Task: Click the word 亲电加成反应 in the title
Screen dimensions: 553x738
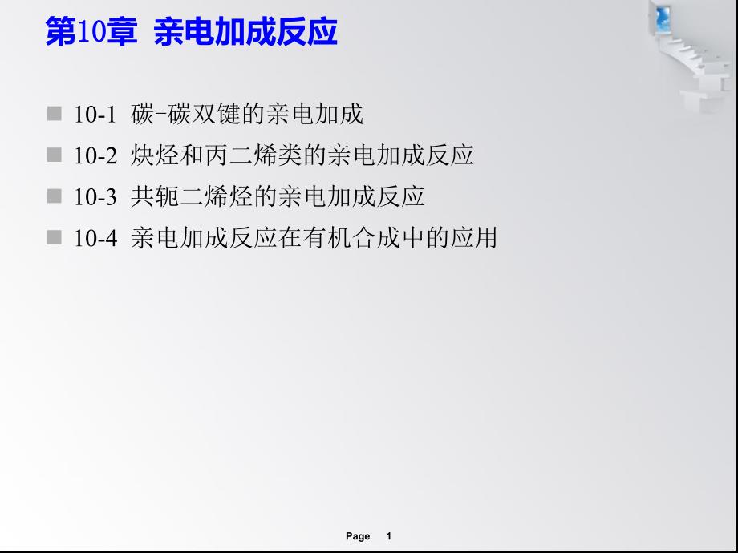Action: point(245,33)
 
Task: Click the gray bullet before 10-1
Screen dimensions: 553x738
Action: point(54,114)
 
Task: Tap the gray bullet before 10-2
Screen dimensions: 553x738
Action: point(54,155)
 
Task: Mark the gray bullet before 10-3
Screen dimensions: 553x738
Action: point(54,196)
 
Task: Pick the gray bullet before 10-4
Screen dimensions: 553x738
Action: point(54,237)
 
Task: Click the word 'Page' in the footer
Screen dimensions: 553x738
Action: point(358,536)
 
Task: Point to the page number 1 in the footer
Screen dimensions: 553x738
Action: point(388,536)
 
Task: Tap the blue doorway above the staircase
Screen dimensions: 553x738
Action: point(664,16)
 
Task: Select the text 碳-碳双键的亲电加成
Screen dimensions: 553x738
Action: point(246,115)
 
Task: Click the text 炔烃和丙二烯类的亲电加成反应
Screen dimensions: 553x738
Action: point(302,155)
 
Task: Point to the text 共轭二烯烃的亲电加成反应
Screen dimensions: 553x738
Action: point(277,196)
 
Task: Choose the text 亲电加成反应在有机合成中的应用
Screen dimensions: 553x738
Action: point(314,238)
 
